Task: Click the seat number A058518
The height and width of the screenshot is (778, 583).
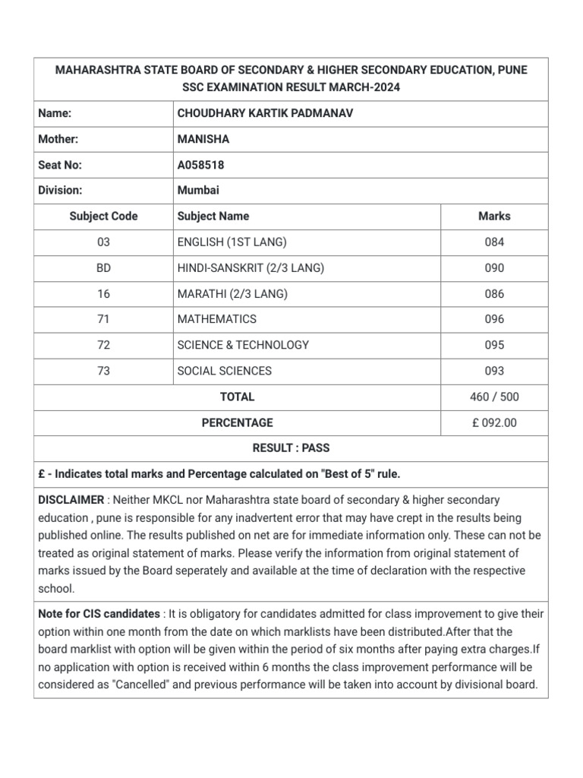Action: (200, 165)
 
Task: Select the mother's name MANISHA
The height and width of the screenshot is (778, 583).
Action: (203, 139)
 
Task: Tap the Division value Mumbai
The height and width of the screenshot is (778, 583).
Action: (197, 191)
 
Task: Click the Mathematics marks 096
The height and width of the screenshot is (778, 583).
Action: (494, 319)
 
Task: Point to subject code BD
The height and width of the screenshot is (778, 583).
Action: (103, 268)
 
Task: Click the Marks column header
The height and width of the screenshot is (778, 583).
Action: (494, 216)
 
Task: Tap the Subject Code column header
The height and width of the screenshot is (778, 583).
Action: (103, 216)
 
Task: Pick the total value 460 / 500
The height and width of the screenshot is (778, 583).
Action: (494, 397)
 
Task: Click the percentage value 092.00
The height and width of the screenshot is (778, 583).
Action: (499, 422)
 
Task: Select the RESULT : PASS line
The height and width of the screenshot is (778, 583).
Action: (291, 448)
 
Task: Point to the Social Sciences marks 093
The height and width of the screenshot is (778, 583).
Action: (494, 371)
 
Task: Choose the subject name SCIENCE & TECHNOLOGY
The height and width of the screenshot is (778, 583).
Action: (243, 345)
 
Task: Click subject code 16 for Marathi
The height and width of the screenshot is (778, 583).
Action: (103, 294)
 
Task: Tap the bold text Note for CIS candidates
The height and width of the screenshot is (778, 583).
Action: (99, 614)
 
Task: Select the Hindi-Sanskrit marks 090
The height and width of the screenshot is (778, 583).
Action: (494, 268)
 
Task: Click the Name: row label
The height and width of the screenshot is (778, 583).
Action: (55, 113)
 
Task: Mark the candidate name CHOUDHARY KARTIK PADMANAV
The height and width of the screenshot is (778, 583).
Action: (265, 113)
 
